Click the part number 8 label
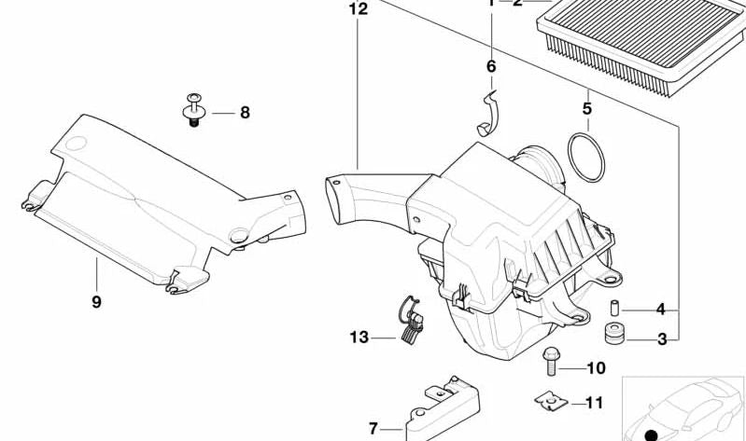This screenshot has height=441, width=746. point(245,113)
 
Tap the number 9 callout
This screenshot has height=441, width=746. point(96,301)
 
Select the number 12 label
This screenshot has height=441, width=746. point(359,10)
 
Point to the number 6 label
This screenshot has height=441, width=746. point(491,66)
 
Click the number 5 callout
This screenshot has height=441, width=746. point(586,109)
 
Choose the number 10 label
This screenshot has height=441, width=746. point(597,368)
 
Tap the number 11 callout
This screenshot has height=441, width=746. point(594,403)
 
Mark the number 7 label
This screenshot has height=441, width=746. point(373,428)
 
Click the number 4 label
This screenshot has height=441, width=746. point(660,310)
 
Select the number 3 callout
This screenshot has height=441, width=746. point(661,339)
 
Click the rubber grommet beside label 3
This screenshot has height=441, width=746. point(613,334)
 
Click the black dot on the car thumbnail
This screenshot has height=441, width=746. point(651,433)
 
